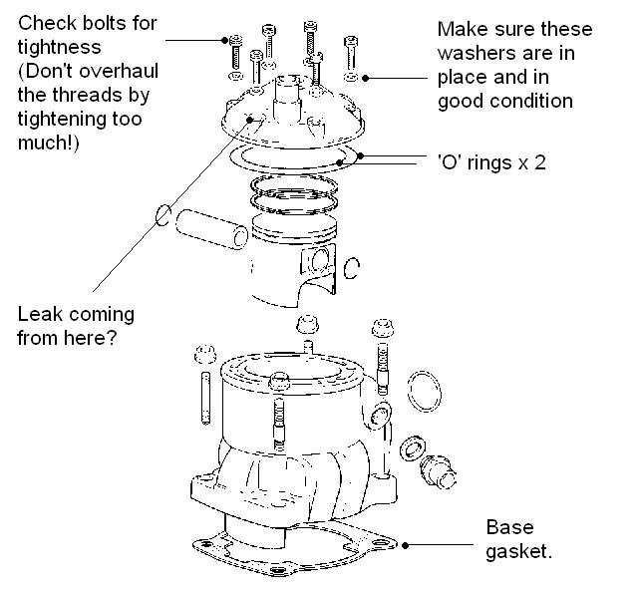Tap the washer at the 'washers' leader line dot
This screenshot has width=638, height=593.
[x=351, y=76]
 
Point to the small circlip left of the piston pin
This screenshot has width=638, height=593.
[x=162, y=215]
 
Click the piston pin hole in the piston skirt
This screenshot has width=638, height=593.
[x=318, y=263]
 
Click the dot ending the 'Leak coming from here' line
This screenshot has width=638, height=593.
[x=262, y=120]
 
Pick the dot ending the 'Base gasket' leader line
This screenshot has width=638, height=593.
[x=406, y=544]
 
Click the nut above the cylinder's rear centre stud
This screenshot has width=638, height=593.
[x=307, y=325]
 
